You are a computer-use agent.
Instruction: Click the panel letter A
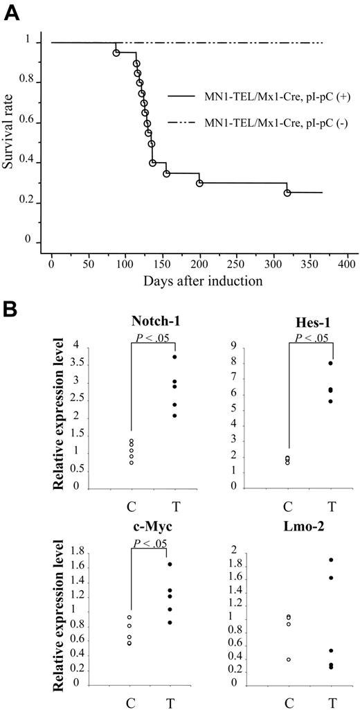[x=12, y=12]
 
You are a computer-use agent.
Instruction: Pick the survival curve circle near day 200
[x=199, y=183]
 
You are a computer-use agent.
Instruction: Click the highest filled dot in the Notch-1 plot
[x=175, y=357]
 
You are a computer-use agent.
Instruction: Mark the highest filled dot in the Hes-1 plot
[x=331, y=363]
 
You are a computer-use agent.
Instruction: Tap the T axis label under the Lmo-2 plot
[x=333, y=702]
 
